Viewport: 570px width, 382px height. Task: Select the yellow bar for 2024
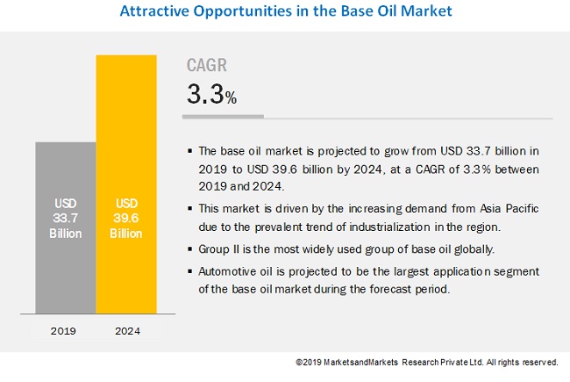pos(126,184)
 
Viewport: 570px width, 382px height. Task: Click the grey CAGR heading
pos(208,65)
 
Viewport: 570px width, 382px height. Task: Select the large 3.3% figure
pos(211,95)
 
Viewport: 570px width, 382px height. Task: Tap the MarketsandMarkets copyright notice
pos(426,362)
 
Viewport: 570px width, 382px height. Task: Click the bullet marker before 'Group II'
pos(189,250)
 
